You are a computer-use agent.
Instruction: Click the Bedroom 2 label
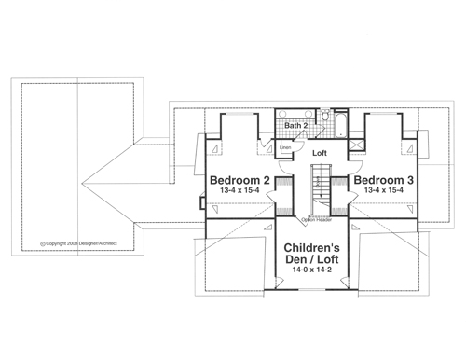coord(240,178)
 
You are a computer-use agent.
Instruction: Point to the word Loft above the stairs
coord(320,152)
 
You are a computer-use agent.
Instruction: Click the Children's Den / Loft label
coord(312,253)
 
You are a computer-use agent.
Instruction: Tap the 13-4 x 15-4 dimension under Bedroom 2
coord(240,190)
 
